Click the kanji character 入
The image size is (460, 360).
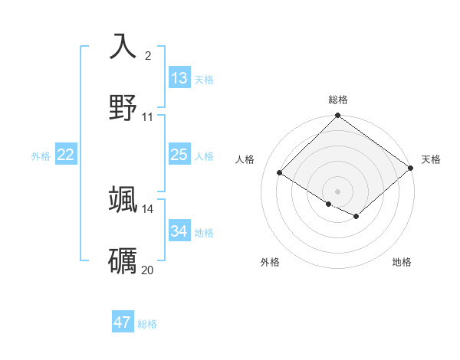pyautogui.click(x=123, y=45)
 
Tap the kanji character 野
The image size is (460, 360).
pyautogui.click(x=123, y=107)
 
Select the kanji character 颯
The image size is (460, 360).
pyautogui.click(x=123, y=199)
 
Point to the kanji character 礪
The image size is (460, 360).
pyautogui.click(x=123, y=261)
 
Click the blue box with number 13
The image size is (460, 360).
pyautogui.click(x=179, y=78)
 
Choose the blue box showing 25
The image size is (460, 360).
pyautogui.click(x=179, y=155)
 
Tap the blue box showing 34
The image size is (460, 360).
pyautogui.click(x=179, y=231)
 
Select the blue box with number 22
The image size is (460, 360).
pyautogui.click(x=66, y=155)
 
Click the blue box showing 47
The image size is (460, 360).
pyautogui.click(x=123, y=322)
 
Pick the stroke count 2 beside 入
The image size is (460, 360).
pyautogui.click(x=148, y=55)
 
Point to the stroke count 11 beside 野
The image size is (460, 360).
pyautogui.click(x=148, y=117)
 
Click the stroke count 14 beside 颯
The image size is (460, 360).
pyautogui.click(x=148, y=209)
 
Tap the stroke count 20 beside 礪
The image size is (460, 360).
pyautogui.click(x=148, y=270)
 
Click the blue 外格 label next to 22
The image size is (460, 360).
pyautogui.click(x=41, y=156)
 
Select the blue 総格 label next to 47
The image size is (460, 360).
pyautogui.click(x=147, y=324)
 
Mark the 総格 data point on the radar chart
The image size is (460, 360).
pyautogui.click(x=337, y=116)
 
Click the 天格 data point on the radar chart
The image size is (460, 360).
pyautogui.click(x=412, y=169)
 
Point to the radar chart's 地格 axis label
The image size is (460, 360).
pyautogui.click(x=402, y=262)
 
